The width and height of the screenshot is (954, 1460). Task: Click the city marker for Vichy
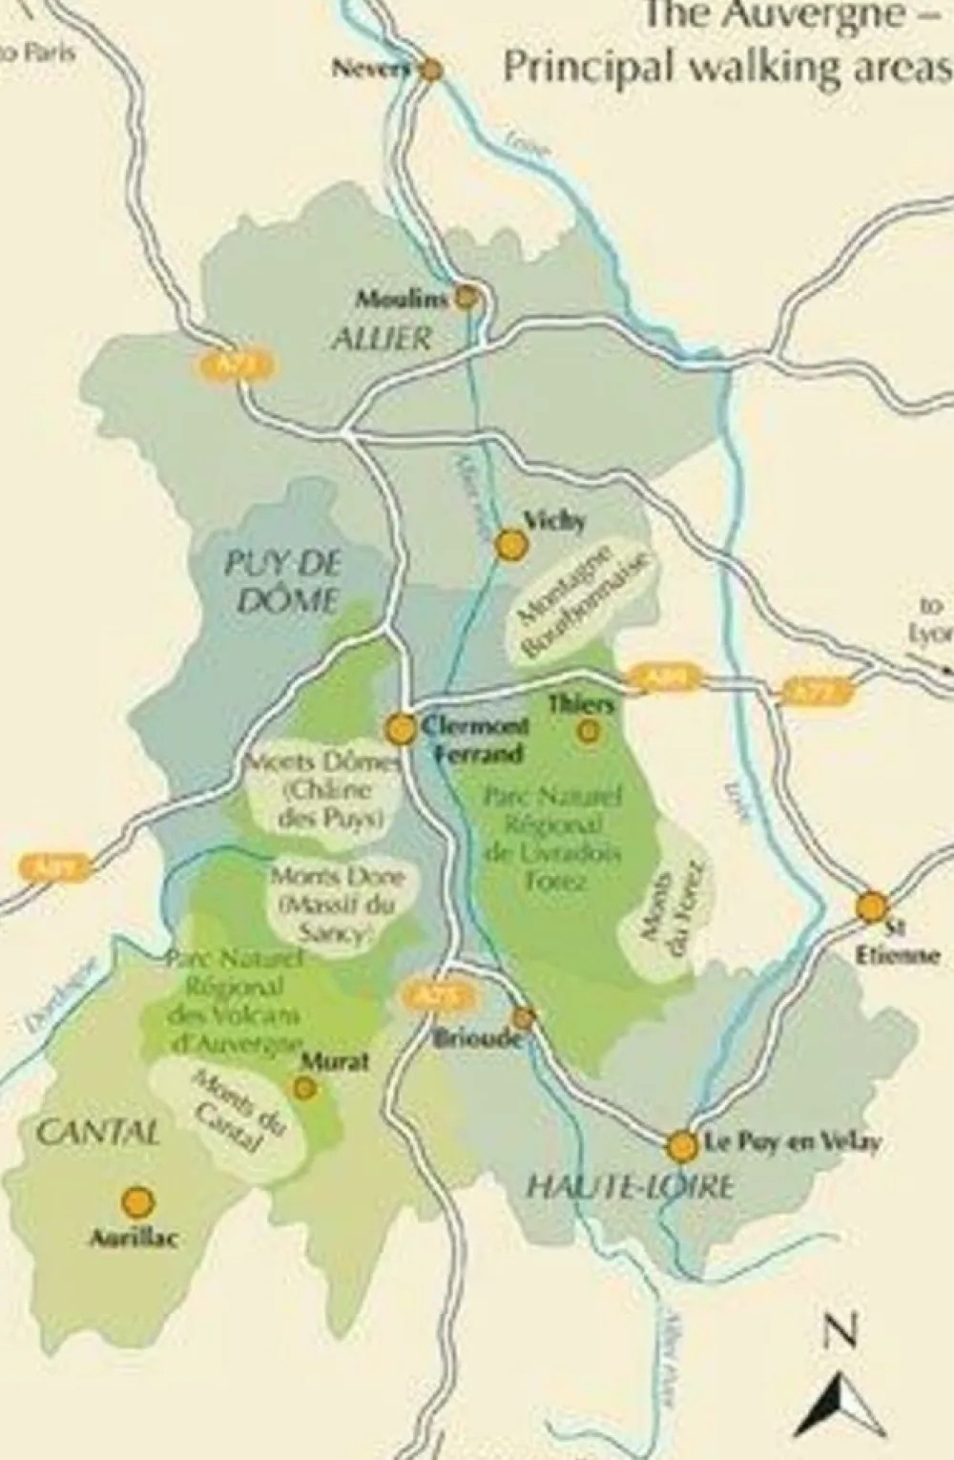(x=512, y=545)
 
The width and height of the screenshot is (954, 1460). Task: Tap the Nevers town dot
(x=431, y=69)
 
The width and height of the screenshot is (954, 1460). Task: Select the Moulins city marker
(x=467, y=298)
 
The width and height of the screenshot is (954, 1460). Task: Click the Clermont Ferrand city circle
(x=402, y=730)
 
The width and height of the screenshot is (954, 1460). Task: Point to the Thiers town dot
(x=590, y=732)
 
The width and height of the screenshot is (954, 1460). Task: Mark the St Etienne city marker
(x=871, y=907)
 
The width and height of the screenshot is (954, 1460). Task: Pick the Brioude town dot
(x=523, y=1017)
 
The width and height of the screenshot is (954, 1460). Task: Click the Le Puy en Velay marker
(x=682, y=1146)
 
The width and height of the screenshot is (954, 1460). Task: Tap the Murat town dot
(x=305, y=1087)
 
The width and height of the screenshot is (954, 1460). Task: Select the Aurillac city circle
(x=137, y=1200)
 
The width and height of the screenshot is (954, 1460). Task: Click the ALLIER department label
(x=382, y=339)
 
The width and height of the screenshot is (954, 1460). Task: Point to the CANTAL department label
(x=97, y=1134)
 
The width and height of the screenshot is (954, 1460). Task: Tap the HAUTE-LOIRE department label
(x=632, y=1186)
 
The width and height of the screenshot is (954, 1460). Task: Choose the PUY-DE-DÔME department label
(x=282, y=580)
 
